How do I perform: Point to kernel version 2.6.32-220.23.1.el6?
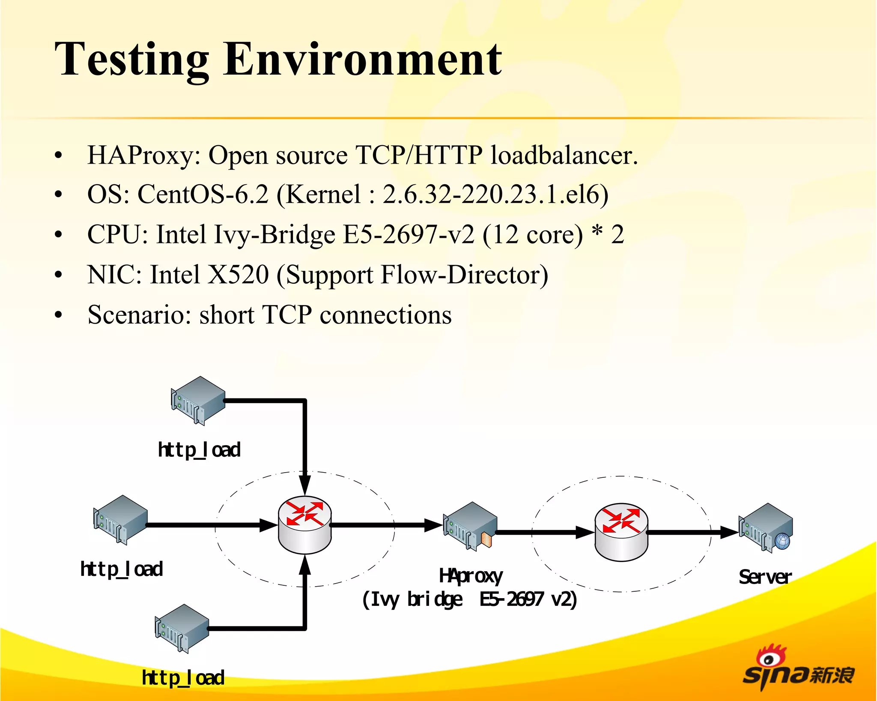495,195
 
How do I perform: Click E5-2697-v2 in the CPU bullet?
409,235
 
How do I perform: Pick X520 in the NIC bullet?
238,275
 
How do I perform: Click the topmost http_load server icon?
198,400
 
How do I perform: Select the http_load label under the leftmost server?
122,569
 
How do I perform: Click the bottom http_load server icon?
182,628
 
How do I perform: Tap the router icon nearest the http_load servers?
304,525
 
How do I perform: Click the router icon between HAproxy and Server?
621,532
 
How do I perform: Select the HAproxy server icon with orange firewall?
470,526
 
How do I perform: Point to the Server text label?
765,577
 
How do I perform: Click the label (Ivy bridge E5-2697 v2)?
469,599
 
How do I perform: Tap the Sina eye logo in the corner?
769,659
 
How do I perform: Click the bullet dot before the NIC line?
59,275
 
